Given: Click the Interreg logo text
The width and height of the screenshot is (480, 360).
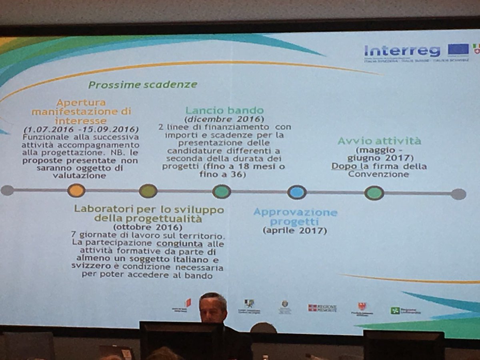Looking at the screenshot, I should (x=402, y=51).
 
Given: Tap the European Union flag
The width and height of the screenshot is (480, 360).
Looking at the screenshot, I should (x=458, y=49).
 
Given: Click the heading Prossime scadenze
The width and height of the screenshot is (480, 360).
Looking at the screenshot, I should (x=143, y=84).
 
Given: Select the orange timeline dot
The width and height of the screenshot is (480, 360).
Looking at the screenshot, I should (x=76, y=190).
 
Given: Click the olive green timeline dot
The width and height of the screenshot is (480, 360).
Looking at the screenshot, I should (x=148, y=191).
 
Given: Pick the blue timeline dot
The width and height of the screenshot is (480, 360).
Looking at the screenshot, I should (x=297, y=192).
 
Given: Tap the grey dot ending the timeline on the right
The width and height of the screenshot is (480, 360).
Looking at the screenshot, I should (x=458, y=194).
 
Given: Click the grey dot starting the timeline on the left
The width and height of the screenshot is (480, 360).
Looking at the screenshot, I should (x=7, y=190).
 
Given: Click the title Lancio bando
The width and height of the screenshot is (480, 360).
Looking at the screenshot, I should (x=224, y=110).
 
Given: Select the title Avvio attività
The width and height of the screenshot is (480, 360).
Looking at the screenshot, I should (x=379, y=141).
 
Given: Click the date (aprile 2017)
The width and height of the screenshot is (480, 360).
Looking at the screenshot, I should (x=294, y=231).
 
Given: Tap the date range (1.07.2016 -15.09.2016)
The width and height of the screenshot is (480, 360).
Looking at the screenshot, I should (x=81, y=130).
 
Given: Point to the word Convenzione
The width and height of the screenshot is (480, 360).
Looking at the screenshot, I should (x=378, y=174).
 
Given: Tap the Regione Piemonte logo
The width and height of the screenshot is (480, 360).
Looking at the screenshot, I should (x=322, y=308).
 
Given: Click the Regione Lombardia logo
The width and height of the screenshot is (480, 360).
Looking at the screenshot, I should (x=405, y=310).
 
